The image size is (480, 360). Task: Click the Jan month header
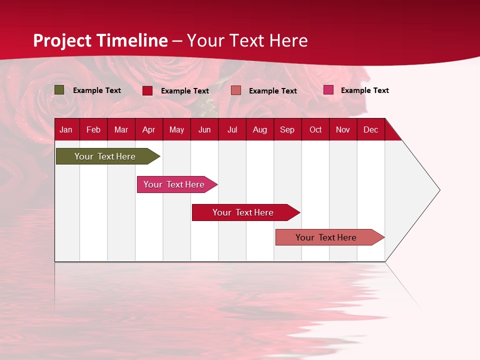(x=66, y=129)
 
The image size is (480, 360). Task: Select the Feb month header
(x=93, y=129)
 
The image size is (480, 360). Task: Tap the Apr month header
(x=148, y=129)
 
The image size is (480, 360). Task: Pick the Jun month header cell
(x=204, y=129)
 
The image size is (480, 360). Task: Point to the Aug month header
(x=259, y=129)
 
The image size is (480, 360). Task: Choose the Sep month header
(x=287, y=129)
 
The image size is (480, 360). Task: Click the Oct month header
(x=315, y=129)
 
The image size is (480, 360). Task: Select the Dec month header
(x=370, y=129)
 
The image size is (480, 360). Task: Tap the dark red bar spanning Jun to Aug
(x=243, y=212)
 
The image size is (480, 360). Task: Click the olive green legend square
(x=59, y=90)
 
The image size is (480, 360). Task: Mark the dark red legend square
(x=147, y=90)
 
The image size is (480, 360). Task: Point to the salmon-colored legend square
(x=236, y=90)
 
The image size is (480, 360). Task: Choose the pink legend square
(x=328, y=90)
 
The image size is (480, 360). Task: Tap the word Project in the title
(x=62, y=40)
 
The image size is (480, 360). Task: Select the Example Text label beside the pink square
(x=364, y=90)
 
